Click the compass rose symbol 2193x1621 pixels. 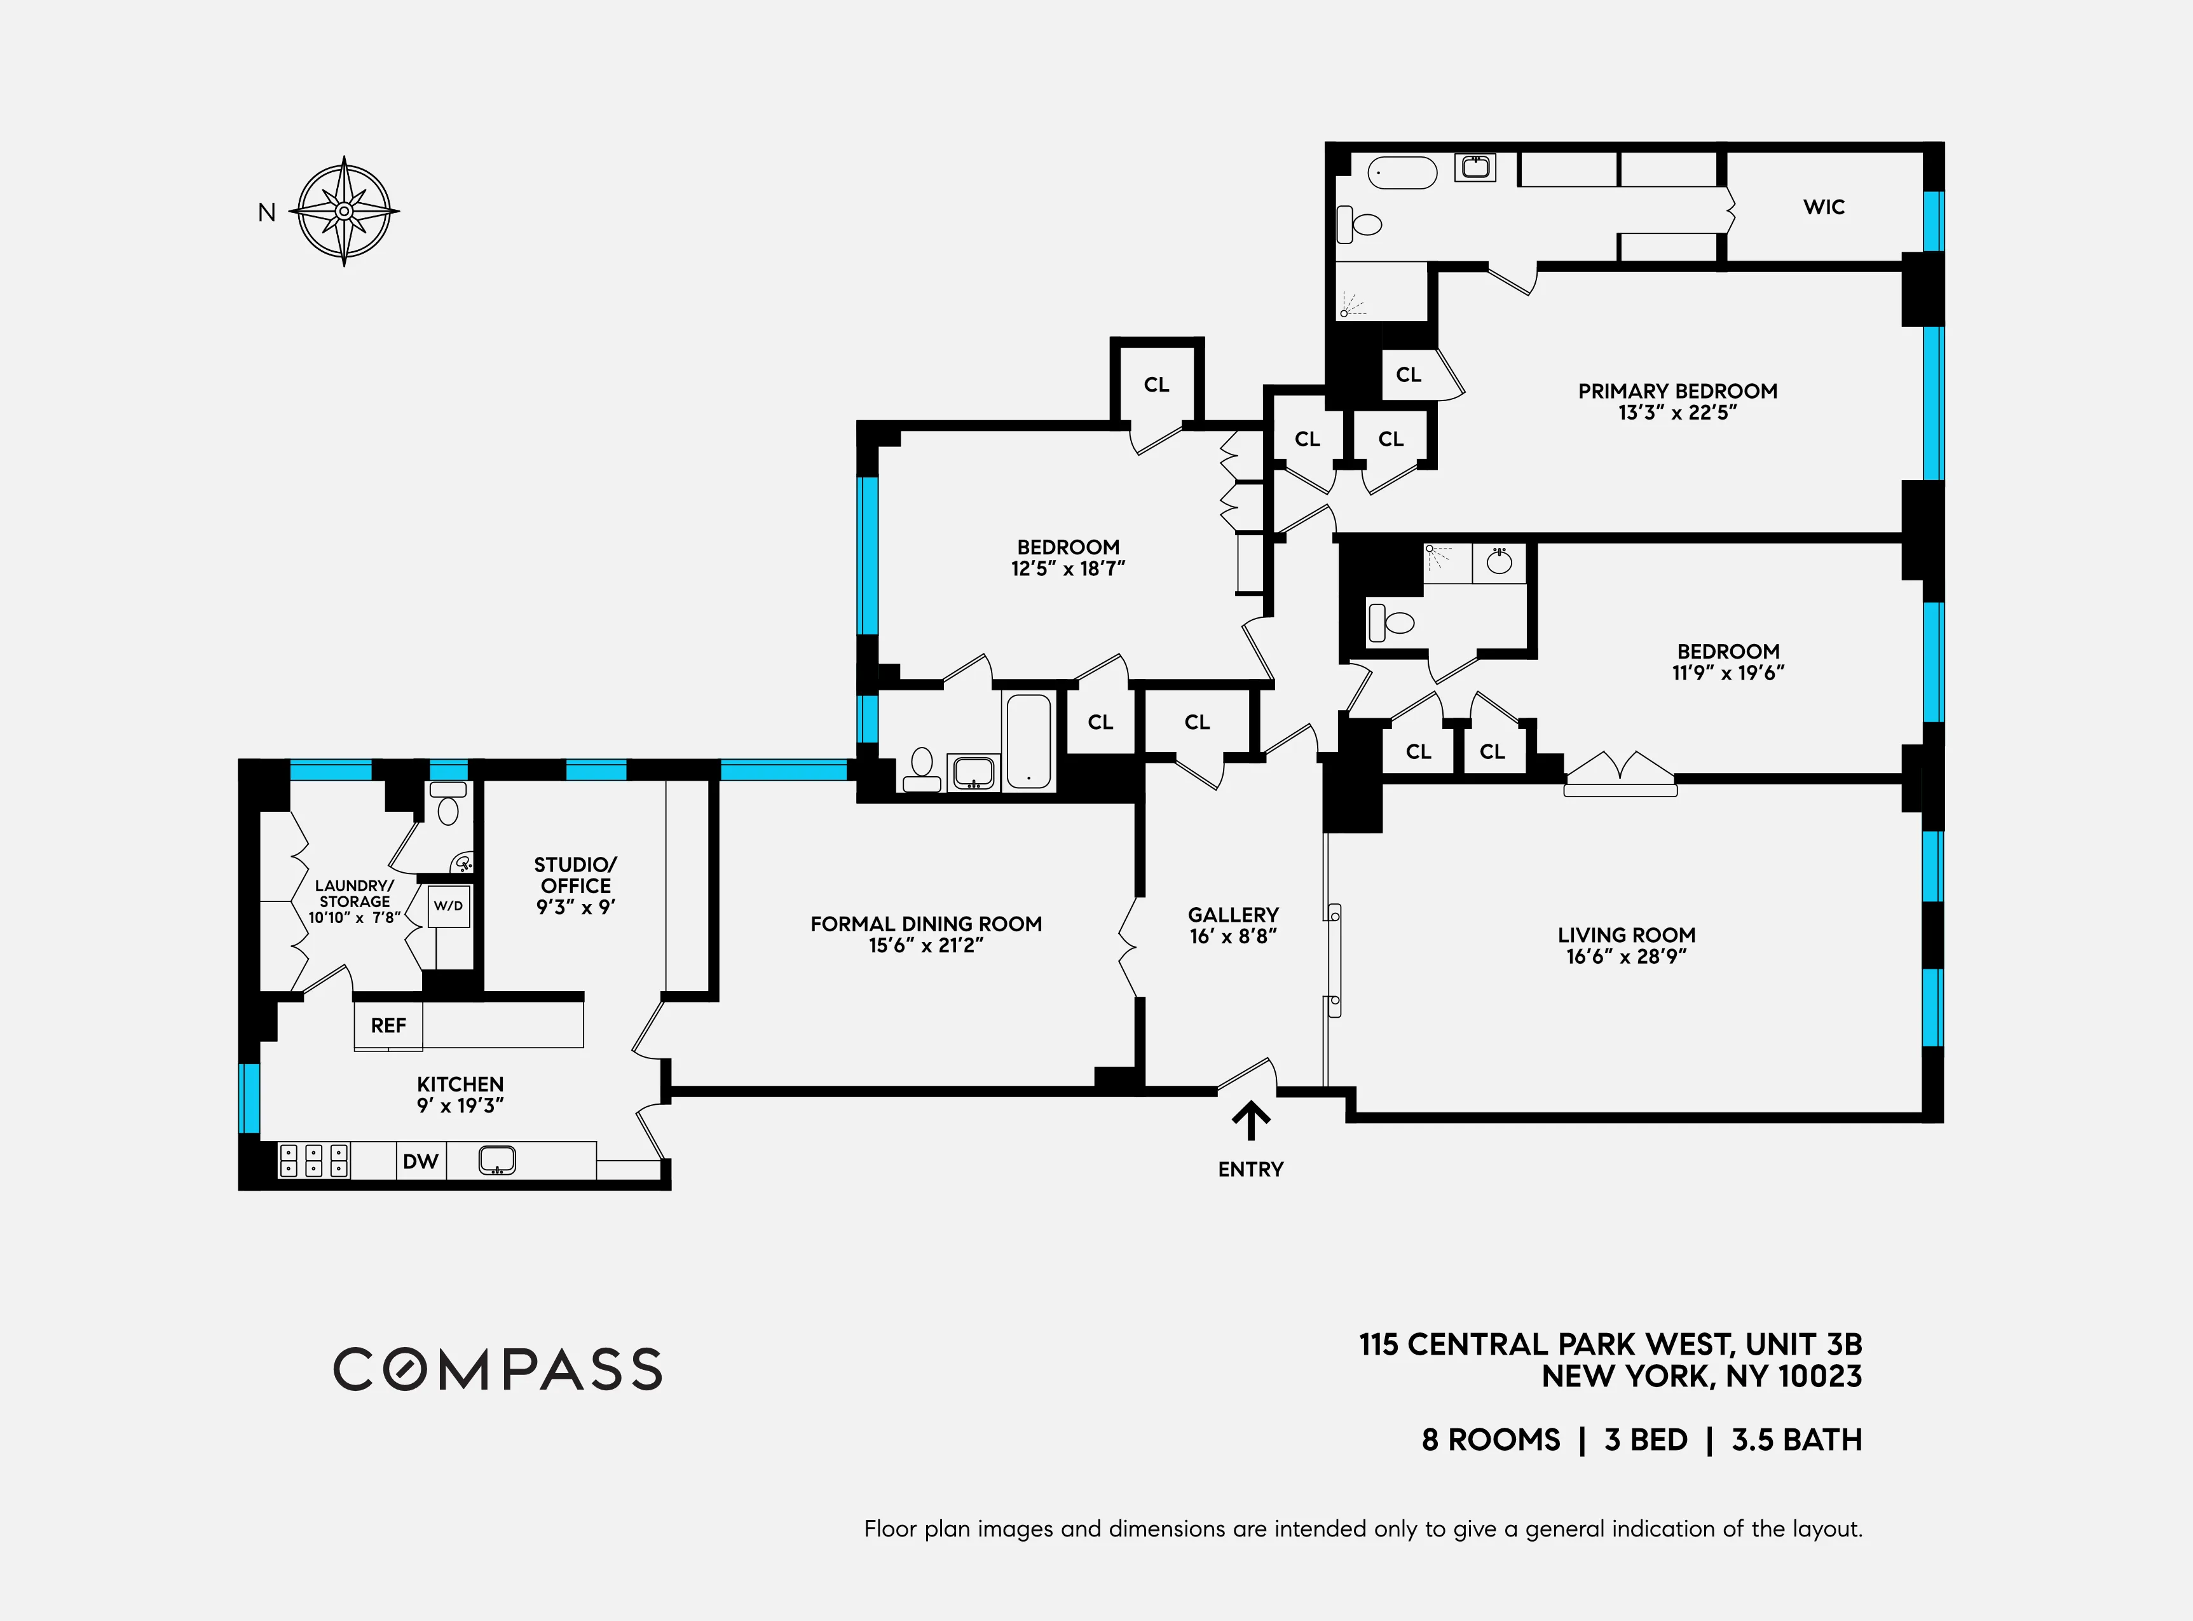(345, 211)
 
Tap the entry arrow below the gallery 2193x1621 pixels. (1251, 1121)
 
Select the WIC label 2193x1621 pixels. (1823, 207)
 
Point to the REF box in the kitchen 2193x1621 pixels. (388, 1025)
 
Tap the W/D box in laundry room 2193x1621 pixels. (448, 906)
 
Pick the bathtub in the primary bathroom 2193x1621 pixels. (1402, 173)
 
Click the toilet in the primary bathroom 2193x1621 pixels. (1360, 224)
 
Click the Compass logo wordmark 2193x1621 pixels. (498, 1369)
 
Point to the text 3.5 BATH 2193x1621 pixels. (1796, 1439)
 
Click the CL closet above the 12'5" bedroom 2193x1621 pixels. (1156, 385)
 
